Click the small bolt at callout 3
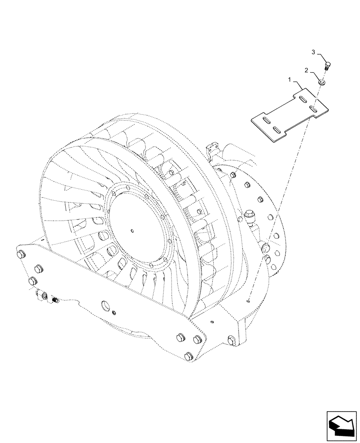(327, 67)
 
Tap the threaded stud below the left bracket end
(55, 301)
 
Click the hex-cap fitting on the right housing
(249, 217)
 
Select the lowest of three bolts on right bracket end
(189, 355)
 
